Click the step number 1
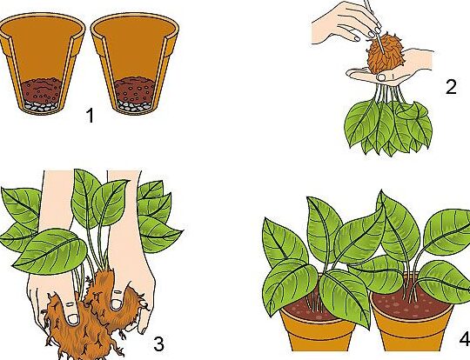(x=90, y=116)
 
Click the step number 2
(x=451, y=87)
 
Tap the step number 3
(x=159, y=343)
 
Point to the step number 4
(x=465, y=339)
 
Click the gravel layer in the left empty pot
(x=40, y=106)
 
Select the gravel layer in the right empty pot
(x=133, y=106)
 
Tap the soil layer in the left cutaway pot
(x=42, y=90)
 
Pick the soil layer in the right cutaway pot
(x=134, y=90)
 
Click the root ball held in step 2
(x=386, y=56)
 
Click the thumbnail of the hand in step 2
(x=381, y=77)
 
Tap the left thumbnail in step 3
(x=73, y=318)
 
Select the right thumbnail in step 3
(x=116, y=304)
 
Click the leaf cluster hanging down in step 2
(x=388, y=127)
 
